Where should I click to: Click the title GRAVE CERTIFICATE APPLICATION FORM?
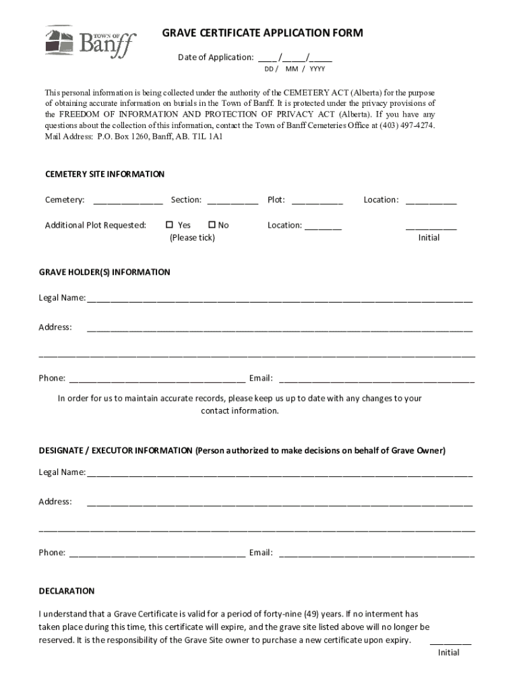point(262,33)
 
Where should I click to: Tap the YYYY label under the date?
point(317,69)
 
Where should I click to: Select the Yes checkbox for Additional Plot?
point(170,225)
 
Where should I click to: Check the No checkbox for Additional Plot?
point(212,225)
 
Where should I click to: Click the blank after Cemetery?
point(128,201)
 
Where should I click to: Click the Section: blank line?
point(233,201)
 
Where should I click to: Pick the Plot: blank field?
point(317,201)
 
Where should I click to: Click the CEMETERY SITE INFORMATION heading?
point(104,174)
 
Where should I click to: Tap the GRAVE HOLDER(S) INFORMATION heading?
point(104,272)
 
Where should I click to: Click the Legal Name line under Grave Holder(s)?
point(279,299)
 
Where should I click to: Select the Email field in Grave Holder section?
point(377,379)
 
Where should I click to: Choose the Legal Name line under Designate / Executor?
point(279,473)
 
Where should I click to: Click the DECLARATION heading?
point(67,591)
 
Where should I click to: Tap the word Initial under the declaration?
point(449,652)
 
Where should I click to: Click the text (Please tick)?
point(192,238)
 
